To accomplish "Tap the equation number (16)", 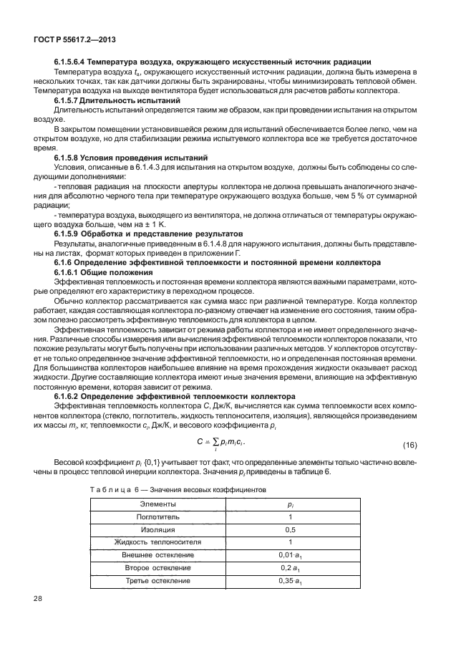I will tap(409, 446).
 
